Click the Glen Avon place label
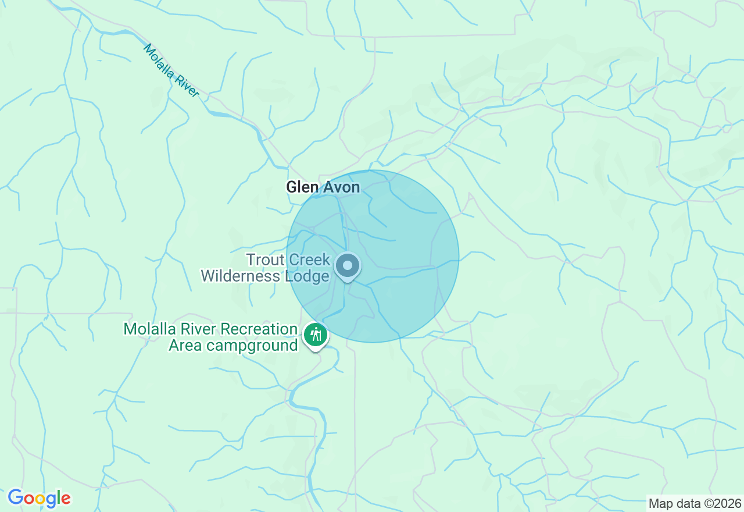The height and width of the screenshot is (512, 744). click(x=323, y=187)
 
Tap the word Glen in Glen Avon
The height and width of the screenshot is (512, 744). click(x=301, y=187)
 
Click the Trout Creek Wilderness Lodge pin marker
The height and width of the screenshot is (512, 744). click(x=348, y=266)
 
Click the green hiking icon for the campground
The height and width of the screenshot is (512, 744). click(x=316, y=335)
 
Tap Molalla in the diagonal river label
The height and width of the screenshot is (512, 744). click(x=158, y=60)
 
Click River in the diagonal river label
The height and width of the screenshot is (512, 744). click(x=187, y=86)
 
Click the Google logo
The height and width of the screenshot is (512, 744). click(x=39, y=498)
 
